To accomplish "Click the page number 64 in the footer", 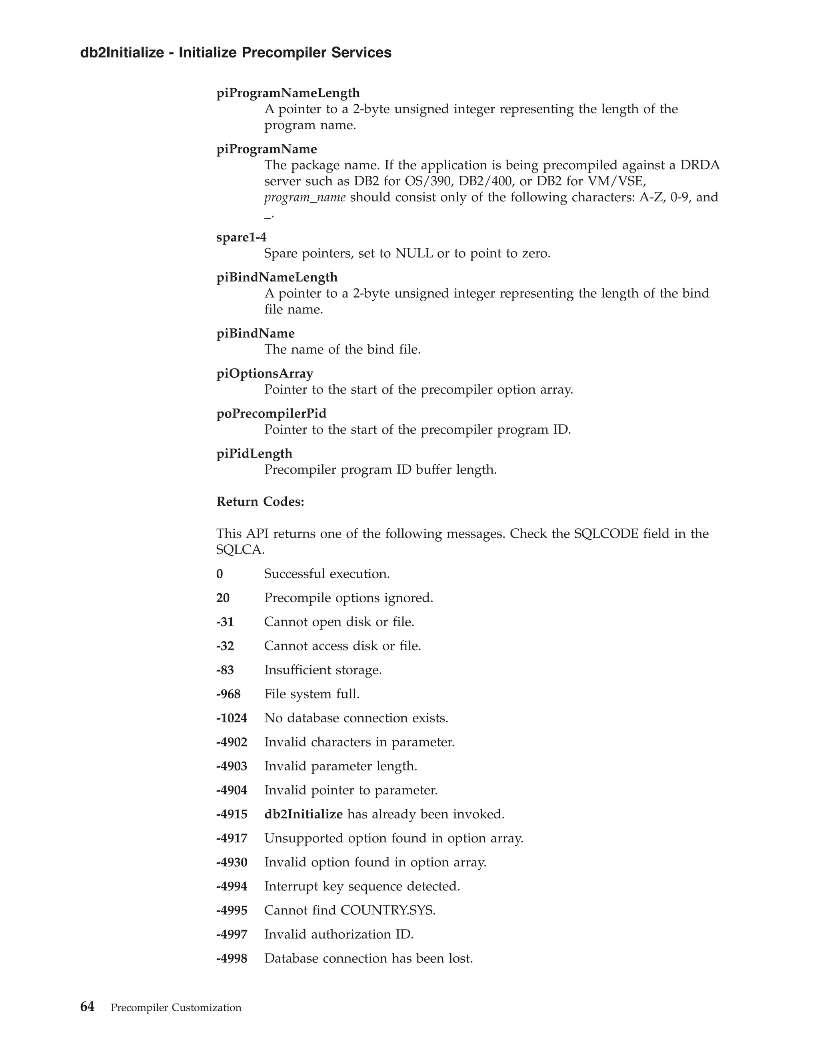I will tap(87, 1007).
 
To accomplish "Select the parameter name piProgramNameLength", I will tap(288, 93).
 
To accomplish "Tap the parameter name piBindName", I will tap(255, 334).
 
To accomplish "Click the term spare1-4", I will tap(241, 237).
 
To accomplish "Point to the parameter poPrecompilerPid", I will tap(271, 414).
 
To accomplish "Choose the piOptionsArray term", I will tap(264, 373).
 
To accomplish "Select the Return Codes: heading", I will tap(260, 501).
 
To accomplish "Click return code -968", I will tap(228, 694).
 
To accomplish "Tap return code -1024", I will tap(232, 718).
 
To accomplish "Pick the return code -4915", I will tap(232, 814).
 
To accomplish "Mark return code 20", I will tap(223, 598).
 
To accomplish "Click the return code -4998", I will tap(232, 958).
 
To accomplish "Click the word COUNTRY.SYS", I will tap(388, 910).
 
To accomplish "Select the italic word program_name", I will tap(305, 198).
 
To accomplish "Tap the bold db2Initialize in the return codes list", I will tap(303, 814).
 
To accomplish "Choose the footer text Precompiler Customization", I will tap(176, 1008).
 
